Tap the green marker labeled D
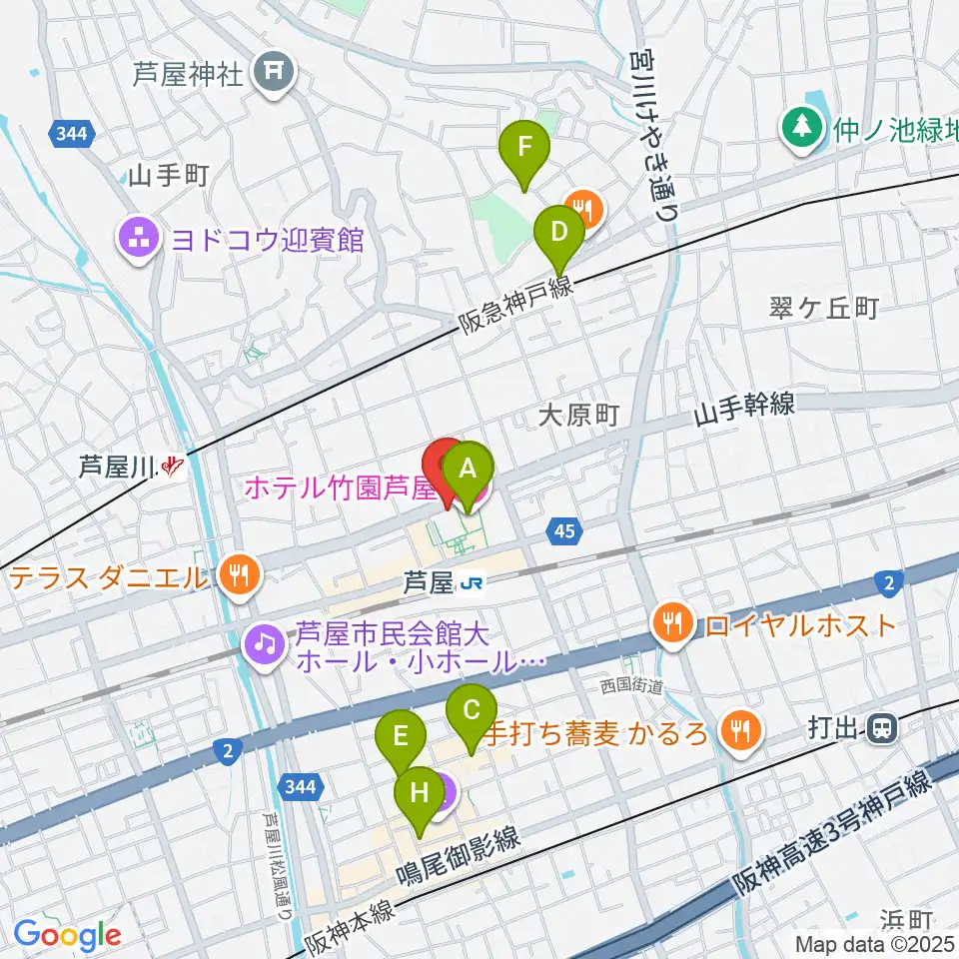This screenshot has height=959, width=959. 560,234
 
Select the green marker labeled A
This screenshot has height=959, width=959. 469,468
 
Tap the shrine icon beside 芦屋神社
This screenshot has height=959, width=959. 272,73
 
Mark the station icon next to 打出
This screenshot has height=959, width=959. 881,729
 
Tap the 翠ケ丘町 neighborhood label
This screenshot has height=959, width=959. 824,308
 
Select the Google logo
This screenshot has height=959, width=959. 67,936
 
